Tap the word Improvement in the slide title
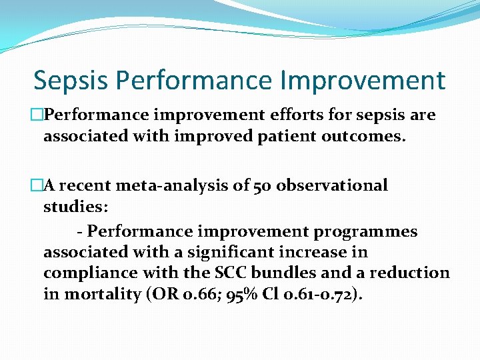pos(363,81)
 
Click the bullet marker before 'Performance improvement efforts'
pos(38,115)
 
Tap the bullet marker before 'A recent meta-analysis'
pos(38,185)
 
